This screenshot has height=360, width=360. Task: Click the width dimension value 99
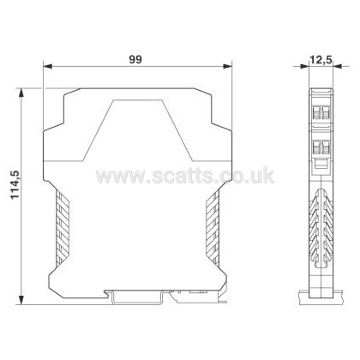(135, 59)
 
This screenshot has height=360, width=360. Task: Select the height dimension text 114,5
(15, 185)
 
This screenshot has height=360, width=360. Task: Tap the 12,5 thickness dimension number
(321, 60)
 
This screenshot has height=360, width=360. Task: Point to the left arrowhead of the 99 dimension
(47, 67)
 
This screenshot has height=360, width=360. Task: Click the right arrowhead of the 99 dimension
(227, 67)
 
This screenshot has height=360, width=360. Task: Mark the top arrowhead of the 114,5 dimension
(21, 93)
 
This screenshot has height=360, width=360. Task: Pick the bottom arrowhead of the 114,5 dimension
(21, 300)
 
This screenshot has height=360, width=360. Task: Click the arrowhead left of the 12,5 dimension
(304, 66)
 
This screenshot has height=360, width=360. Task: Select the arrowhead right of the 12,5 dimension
(338, 66)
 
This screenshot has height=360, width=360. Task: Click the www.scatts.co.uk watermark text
(185, 175)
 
